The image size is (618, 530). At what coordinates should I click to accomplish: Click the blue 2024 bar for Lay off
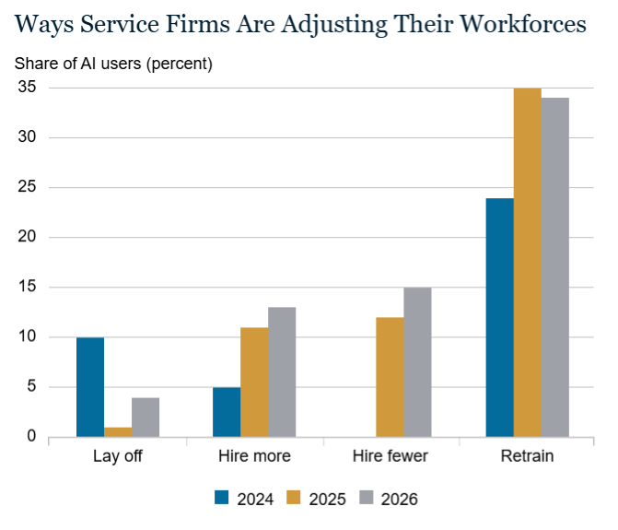click(x=90, y=387)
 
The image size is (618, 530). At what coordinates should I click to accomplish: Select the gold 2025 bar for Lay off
click(x=118, y=431)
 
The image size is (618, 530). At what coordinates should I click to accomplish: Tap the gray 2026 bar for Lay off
click(x=146, y=418)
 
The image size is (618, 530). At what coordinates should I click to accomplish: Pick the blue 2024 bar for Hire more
click(x=227, y=412)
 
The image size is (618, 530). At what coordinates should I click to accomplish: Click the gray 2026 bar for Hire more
click(x=282, y=371)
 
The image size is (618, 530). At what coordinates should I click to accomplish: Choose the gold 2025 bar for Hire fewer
click(x=391, y=377)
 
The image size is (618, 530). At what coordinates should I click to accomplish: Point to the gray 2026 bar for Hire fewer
click(x=418, y=362)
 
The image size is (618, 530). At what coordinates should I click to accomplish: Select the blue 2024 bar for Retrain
click(x=500, y=317)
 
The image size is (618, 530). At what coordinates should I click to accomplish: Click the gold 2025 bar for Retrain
click(x=528, y=263)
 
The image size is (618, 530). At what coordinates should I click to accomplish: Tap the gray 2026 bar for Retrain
click(x=555, y=267)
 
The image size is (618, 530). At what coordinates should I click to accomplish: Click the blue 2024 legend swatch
click(x=221, y=497)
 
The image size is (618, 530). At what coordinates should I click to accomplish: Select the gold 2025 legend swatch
click(x=293, y=497)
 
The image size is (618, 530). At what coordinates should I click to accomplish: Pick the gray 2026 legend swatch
click(x=367, y=497)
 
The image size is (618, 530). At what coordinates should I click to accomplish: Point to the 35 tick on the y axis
click(x=27, y=87)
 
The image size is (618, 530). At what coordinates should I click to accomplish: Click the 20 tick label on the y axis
click(x=27, y=237)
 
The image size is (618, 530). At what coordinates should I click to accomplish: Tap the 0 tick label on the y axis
click(x=31, y=436)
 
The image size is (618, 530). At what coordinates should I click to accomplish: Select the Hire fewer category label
click(x=391, y=456)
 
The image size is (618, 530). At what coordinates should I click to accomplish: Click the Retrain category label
click(x=528, y=456)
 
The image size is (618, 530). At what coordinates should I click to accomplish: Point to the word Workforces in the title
click(x=523, y=24)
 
